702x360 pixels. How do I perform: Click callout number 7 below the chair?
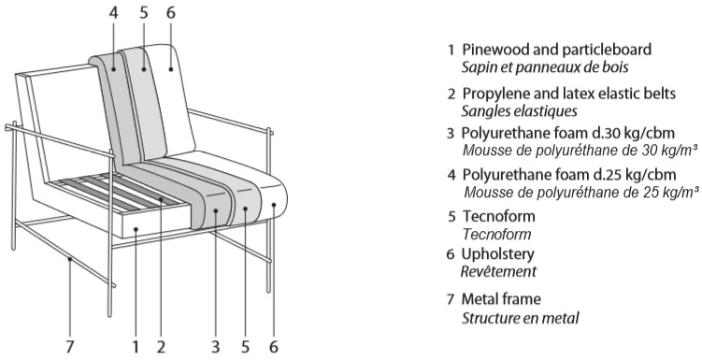(x=69, y=347)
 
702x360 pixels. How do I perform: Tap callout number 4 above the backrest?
(x=114, y=12)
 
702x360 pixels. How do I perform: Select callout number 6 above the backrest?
(x=170, y=12)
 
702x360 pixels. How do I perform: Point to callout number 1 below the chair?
(x=136, y=347)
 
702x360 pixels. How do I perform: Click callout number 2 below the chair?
(x=161, y=347)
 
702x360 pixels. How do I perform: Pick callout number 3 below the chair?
(x=215, y=347)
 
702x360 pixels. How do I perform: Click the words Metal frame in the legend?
(x=501, y=298)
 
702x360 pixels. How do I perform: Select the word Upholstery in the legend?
(x=497, y=254)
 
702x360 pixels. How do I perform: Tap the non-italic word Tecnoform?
(x=498, y=216)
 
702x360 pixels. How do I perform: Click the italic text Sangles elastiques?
(x=519, y=110)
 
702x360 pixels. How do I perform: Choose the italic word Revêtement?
(x=498, y=271)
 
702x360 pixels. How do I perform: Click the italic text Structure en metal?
(x=521, y=318)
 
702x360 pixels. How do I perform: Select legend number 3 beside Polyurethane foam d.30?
(x=451, y=134)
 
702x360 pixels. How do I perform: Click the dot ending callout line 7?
(x=69, y=259)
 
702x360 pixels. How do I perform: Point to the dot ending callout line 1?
(x=136, y=229)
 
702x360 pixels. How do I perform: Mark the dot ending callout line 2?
(x=161, y=198)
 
